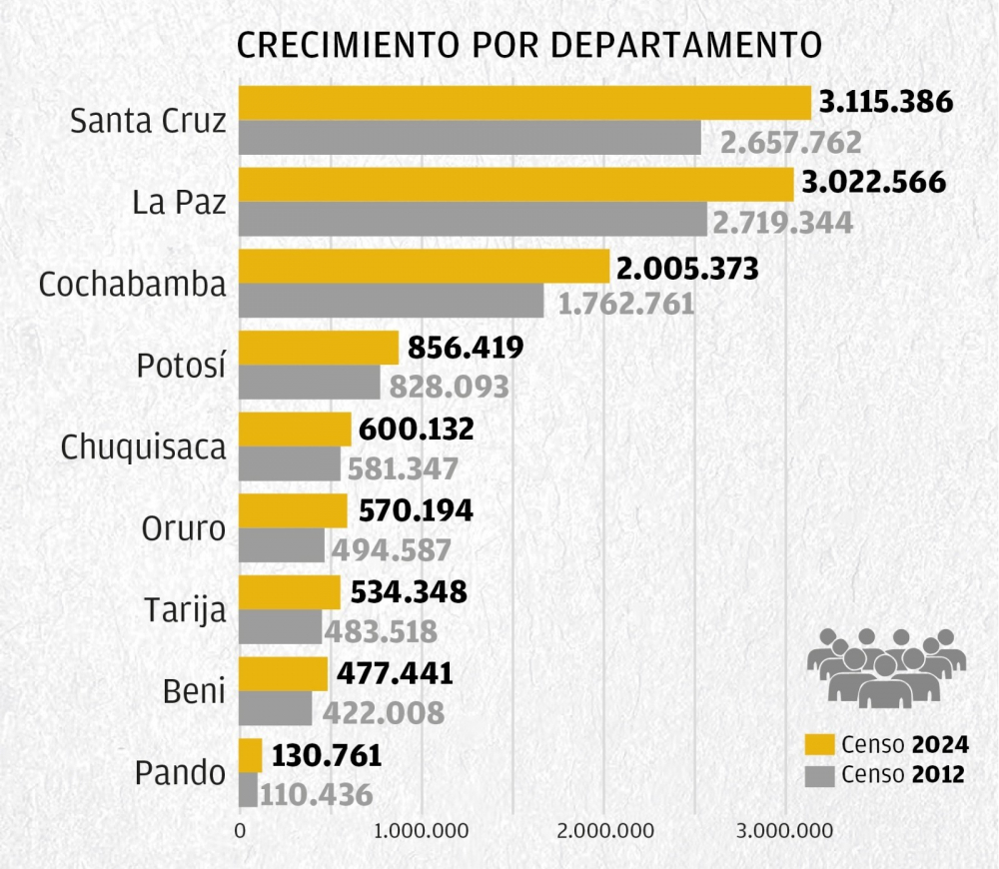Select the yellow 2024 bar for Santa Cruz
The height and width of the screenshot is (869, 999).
click(523, 103)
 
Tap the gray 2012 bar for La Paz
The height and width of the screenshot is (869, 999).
click(472, 220)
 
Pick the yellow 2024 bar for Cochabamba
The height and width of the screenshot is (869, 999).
click(424, 267)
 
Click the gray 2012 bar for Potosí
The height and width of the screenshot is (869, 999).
click(309, 383)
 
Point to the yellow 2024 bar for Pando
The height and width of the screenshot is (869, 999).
click(250, 755)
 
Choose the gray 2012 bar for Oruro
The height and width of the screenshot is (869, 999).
click(282, 545)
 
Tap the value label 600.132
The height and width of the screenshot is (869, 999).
click(418, 430)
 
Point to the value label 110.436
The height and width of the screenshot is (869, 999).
click(317, 795)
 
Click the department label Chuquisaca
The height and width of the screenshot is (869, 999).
click(143, 447)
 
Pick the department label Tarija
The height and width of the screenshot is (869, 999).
click(184, 610)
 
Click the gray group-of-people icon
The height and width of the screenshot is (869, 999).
click(885, 666)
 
